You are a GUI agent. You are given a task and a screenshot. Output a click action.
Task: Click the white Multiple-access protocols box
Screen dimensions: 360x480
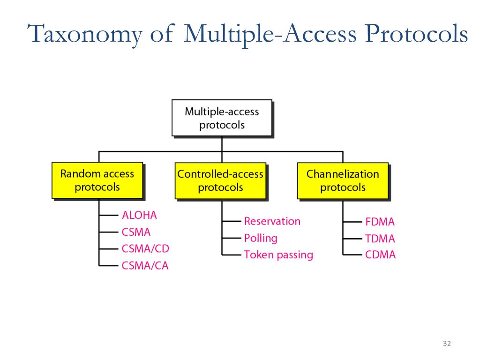(x=222, y=118)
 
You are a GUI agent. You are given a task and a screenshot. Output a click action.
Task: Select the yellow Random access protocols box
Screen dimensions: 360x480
(x=97, y=180)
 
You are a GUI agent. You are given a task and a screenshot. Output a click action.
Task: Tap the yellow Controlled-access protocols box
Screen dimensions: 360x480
(x=220, y=180)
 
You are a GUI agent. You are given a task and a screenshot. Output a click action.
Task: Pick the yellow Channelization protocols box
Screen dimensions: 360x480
(x=343, y=180)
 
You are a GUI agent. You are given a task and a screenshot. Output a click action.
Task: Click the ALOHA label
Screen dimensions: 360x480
(x=139, y=216)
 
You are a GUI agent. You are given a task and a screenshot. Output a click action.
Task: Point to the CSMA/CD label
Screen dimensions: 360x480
(x=145, y=248)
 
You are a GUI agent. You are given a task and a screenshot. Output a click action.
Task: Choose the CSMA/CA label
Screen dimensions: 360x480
(x=145, y=266)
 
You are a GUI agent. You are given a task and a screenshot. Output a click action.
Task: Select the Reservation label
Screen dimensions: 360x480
(x=272, y=221)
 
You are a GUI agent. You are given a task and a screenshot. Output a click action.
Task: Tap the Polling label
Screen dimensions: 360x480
(x=261, y=238)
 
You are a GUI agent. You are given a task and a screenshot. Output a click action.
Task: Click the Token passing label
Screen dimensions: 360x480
(x=278, y=255)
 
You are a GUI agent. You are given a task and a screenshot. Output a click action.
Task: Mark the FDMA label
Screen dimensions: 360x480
(x=380, y=222)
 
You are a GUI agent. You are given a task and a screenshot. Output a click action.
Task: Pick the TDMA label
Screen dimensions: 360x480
(x=380, y=239)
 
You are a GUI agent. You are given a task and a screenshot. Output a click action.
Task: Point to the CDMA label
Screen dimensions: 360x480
(x=380, y=255)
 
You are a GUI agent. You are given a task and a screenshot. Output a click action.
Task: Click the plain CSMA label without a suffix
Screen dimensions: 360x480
(x=136, y=232)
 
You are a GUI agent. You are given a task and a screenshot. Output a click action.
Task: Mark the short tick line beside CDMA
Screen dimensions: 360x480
(x=352, y=255)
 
